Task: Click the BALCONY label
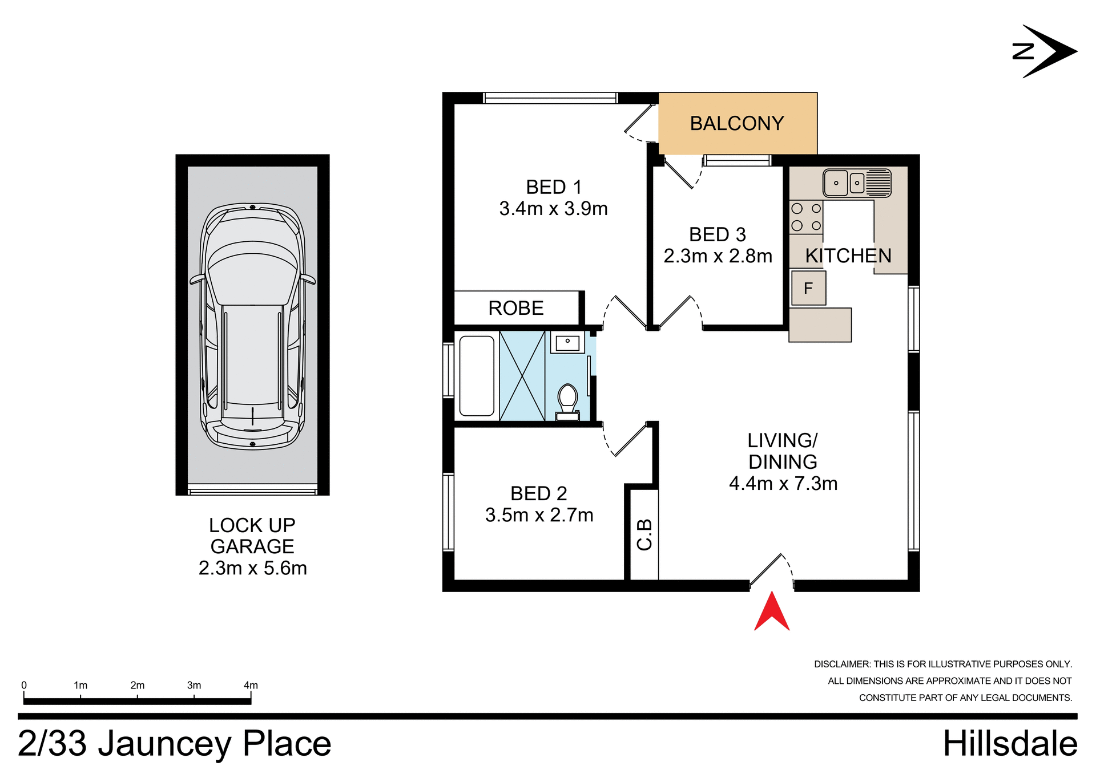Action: (x=737, y=124)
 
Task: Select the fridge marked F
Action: (x=808, y=289)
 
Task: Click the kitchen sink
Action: (x=856, y=183)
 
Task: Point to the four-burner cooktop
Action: (x=806, y=217)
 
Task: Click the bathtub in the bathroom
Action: (x=477, y=376)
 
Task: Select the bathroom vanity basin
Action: (x=567, y=343)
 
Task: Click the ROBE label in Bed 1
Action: (x=516, y=309)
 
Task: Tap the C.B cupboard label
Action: (x=644, y=534)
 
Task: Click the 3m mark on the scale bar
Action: (x=194, y=686)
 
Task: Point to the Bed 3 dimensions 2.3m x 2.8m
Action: (x=718, y=256)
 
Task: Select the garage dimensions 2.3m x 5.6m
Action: (x=252, y=568)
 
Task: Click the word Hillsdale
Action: (x=1010, y=744)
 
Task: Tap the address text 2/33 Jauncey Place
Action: (x=174, y=744)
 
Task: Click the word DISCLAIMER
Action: (x=842, y=664)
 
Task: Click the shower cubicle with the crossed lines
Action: (x=522, y=376)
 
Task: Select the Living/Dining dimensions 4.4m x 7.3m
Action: (x=783, y=484)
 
